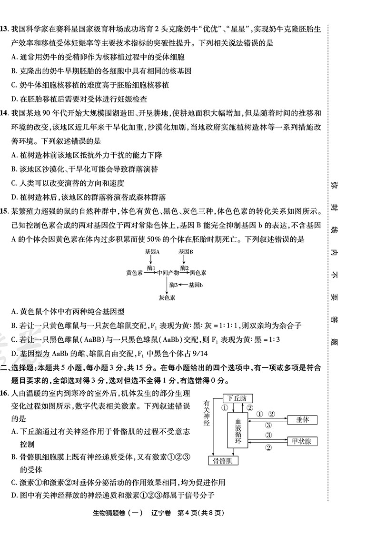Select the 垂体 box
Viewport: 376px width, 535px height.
[x=303, y=420]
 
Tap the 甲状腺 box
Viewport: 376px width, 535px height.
[x=303, y=441]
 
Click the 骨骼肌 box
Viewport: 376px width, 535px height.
[x=223, y=460]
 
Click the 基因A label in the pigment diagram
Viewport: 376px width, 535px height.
[x=151, y=251]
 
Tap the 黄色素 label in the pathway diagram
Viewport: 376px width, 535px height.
[x=134, y=273]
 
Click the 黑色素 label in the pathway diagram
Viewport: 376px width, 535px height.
[x=198, y=273]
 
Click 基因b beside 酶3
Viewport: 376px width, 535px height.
[x=196, y=285]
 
